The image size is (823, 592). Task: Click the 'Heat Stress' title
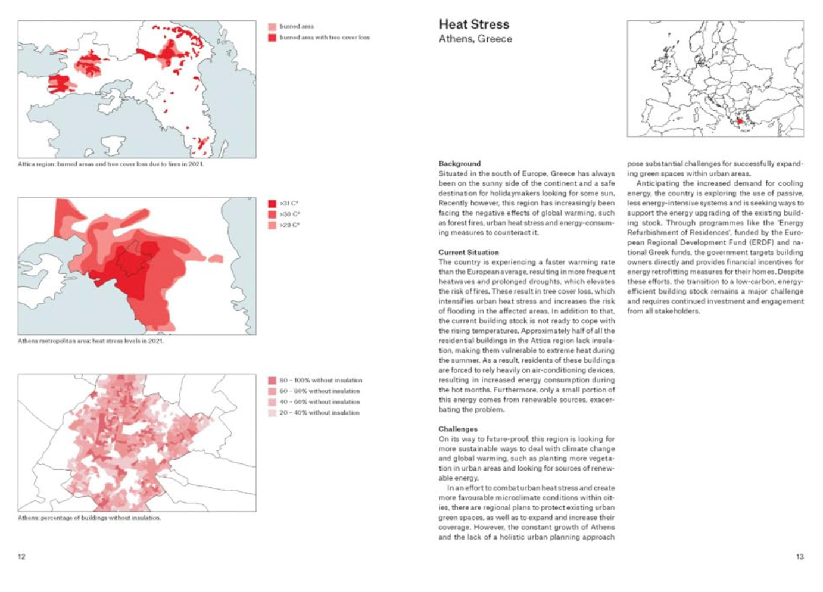473,24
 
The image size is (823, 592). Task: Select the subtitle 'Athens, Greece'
475,39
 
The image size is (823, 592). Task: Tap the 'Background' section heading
459,164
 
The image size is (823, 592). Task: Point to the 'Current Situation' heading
468,252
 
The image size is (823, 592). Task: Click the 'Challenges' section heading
458,429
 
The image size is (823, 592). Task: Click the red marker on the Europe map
740,121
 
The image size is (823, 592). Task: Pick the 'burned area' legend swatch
272,27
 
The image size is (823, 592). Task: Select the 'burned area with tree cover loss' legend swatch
272,38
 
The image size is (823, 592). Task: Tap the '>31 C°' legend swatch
272,204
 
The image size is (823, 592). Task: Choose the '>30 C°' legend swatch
272,214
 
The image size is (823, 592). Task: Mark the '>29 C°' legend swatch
272,225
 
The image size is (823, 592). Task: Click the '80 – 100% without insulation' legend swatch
272,381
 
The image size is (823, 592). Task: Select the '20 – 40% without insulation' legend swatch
272,413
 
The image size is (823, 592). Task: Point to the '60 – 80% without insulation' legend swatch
272,391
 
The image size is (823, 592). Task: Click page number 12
22,557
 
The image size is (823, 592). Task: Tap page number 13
799,557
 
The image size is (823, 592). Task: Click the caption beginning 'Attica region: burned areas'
110,164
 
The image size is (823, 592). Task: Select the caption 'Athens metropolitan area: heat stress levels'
91,341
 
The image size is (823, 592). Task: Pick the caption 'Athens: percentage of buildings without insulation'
89,518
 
